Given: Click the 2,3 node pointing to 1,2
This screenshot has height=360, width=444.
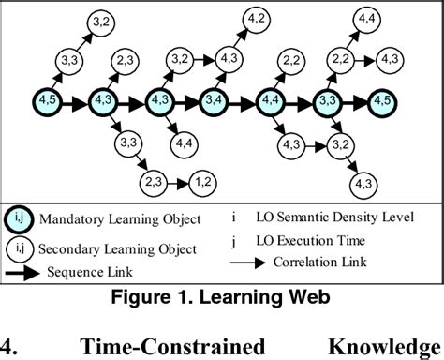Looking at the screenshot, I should pyautogui.click(x=154, y=181).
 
